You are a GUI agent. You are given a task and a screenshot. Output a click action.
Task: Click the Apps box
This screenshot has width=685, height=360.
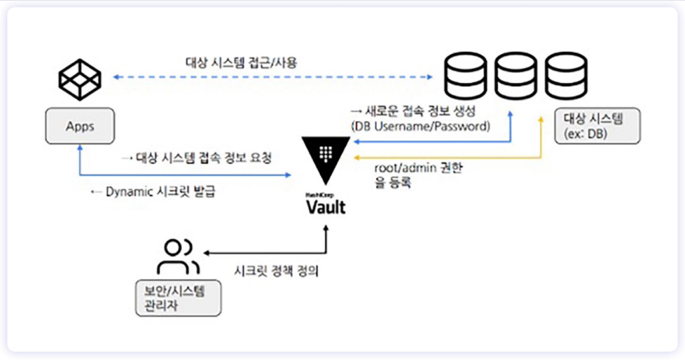pos(79,126)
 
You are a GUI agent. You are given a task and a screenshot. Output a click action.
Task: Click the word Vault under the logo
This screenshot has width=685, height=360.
pos(326,207)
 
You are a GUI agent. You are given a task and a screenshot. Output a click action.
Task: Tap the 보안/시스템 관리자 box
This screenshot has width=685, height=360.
pos(178,298)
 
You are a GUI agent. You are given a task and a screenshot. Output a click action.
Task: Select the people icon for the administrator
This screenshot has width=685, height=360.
pos(178,256)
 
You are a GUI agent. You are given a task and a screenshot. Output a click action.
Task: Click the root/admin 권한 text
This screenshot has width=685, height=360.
pos(418,169)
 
